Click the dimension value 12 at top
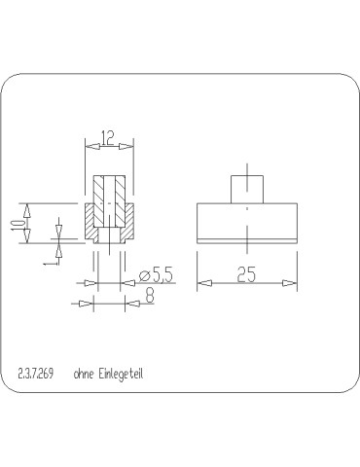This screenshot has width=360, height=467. (x=109, y=137)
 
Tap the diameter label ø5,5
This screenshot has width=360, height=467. (x=155, y=276)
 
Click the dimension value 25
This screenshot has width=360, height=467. (x=247, y=276)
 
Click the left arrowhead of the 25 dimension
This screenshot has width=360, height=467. (x=203, y=283)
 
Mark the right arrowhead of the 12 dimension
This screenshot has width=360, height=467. (x=127, y=145)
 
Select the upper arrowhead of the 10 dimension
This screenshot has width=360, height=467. (x=29, y=207)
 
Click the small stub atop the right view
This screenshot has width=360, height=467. (x=247, y=187)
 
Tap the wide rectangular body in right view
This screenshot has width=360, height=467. (x=247, y=220)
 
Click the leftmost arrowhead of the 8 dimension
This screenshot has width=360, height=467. (x=86, y=304)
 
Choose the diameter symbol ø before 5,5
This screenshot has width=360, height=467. (x=143, y=277)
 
